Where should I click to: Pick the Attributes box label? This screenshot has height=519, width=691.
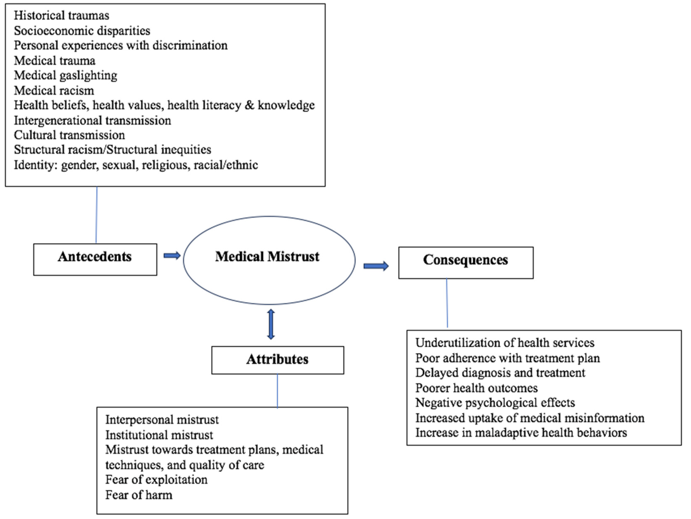pos(277,359)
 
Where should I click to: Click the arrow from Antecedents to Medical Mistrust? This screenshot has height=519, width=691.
pos(172,256)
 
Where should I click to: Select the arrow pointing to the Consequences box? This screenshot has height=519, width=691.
pos(376,266)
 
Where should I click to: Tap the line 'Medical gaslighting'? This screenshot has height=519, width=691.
pos(66,75)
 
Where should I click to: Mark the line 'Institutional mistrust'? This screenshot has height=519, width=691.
pos(159,435)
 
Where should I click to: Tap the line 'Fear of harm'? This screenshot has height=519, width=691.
pos(139,495)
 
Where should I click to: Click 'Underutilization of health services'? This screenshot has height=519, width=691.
pos(505,343)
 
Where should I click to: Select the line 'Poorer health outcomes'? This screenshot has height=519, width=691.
pos(476,388)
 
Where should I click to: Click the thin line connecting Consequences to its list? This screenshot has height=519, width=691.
pos(447,303)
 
